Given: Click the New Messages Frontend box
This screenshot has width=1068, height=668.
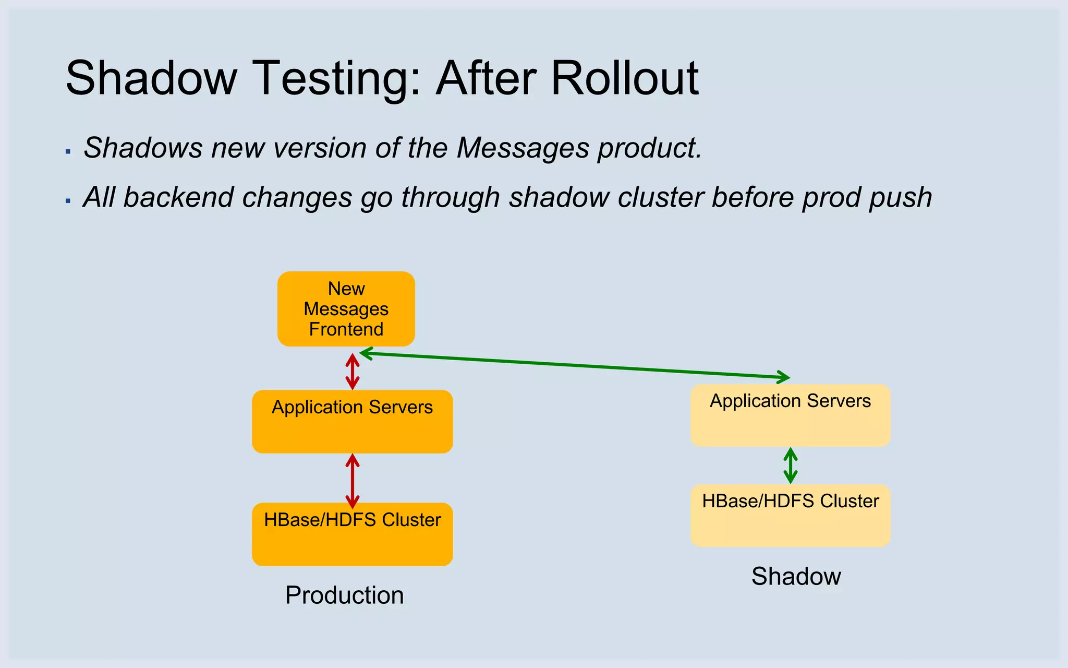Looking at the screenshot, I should click(x=346, y=309).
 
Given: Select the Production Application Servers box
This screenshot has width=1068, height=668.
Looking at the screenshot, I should click(x=352, y=422).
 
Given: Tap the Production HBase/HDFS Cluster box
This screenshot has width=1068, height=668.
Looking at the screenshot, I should click(x=352, y=534).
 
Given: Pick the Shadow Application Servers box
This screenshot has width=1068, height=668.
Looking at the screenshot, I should click(x=790, y=415).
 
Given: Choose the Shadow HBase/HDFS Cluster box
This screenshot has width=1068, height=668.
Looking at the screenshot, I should click(x=790, y=516).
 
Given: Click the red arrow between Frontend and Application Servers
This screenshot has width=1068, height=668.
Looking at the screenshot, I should click(x=353, y=372).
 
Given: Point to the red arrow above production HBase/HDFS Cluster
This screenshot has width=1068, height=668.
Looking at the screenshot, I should click(x=353, y=480).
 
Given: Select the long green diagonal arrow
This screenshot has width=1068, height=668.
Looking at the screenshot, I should click(x=574, y=365).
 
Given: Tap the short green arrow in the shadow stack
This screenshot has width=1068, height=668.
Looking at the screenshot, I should click(x=791, y=466).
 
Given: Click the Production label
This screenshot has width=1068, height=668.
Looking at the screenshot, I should click(x=344, y=595).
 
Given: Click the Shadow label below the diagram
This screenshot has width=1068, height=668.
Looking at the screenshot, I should click(x=796, y=577).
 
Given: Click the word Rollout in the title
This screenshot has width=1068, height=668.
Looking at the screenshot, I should click(x=624, y=78).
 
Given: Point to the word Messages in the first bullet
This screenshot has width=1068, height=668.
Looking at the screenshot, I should click(x=523, y=148).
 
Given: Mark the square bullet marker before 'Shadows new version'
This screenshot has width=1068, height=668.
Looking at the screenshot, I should click(x=68, y=151).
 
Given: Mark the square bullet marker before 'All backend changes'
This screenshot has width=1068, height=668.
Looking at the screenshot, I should click(x=68, y=201).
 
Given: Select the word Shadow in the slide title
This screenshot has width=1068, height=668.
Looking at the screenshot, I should click(x=151, y=78).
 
